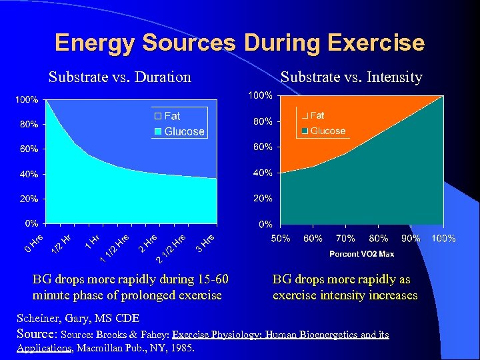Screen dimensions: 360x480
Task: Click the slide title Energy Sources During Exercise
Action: pyautogui.click(x=239, y=43)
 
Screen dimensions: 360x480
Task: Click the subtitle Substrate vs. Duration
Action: pyautogui.click(x=120, y=77)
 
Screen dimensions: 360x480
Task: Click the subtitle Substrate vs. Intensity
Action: pyautogui.click(x=351, y=77)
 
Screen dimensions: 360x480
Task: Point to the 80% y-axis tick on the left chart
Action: pyautogui.click(x=27, y=125)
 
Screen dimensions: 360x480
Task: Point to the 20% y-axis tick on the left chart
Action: pyautogui.click(x=27, y=199)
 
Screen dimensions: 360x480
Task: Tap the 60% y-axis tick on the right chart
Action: pyautogui.click(x=261, y=147)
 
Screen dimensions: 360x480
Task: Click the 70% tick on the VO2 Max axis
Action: pyautogui.click(x=345, y=238)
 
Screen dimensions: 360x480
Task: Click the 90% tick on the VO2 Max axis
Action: pyautogui.click(x=411, y=238)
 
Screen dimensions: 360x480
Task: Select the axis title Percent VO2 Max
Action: pyautogui.click(x=361, y=253)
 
